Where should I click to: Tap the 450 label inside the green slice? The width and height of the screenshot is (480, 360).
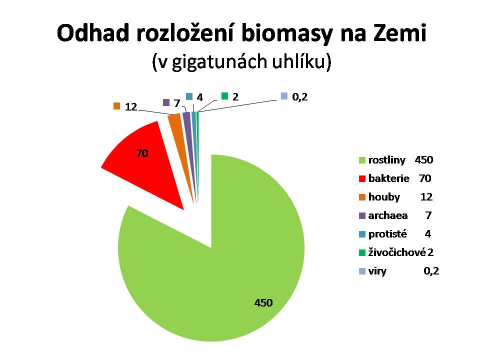pyautogui.click(x=263, y=303)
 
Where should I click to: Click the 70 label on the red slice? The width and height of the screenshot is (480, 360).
pyautogui.click(x=142, y=153)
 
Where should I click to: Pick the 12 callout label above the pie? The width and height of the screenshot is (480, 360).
pyautogui.click(x=131, y=107)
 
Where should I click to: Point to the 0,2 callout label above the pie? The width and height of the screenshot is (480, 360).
pyautogui.click(x=299, y=96)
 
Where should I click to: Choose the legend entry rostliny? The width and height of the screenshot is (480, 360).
pyautogui.click(x=386, y=160)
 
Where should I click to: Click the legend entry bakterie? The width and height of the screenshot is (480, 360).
pyautogui.click(x=389, y=178)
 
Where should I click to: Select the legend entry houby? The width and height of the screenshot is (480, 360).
pyautogui.click(x=384, y=197)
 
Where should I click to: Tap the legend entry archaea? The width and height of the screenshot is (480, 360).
pyautogui.click(x=388, y=216)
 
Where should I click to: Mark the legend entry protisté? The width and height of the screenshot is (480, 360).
pyautogui.click(x=387, y=234)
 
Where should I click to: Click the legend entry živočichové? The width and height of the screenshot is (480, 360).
pyautogui.click(x=396, y=252)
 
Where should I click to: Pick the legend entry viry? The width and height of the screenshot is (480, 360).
pyautogui.click(x=377, y=271)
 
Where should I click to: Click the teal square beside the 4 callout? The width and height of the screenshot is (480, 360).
pyautogui.click(x=189, y=96)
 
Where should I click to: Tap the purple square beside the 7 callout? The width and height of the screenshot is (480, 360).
pyautogui.click(x=166, y=102)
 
